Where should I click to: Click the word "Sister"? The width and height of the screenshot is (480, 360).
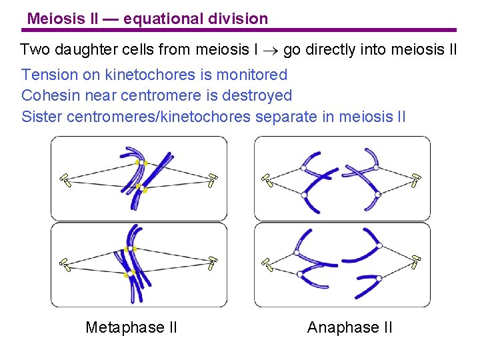coord(42,117)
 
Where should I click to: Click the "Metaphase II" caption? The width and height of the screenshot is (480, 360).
coord(131,327)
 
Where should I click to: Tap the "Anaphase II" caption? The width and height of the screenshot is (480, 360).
coord(349,327)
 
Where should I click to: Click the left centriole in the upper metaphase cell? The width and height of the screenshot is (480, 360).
coord(65,179)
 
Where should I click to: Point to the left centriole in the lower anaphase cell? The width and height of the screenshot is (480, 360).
coord(268,264)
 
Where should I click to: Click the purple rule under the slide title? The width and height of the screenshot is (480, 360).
coord(240,30)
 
